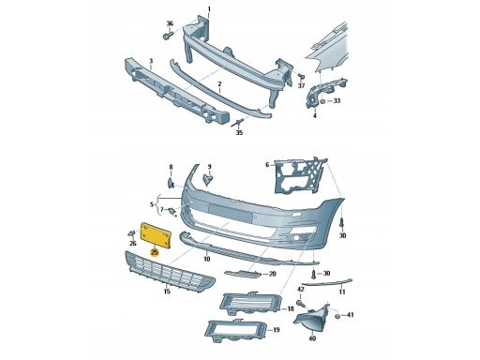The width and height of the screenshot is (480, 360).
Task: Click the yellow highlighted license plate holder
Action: (157, 235)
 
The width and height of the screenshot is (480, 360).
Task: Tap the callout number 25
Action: (154, 252)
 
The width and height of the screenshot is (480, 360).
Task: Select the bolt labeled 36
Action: (168, 36)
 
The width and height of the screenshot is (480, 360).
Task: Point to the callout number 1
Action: (209, 9)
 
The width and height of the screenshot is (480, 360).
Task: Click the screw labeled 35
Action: (238, 123)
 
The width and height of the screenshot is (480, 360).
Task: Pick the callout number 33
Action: (337, 100)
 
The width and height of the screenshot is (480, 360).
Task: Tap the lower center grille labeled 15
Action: (170, 270)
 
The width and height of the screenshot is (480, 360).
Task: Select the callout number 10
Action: (207, 259)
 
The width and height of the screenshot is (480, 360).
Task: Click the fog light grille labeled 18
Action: (251, 303)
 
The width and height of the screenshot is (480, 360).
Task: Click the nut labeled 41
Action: (337, 316)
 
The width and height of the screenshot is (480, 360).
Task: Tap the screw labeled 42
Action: (302, 303)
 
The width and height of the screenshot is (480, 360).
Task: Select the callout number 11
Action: (342, 292)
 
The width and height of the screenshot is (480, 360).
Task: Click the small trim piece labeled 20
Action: (243, 274)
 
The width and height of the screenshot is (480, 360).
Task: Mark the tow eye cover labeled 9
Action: (208, 179)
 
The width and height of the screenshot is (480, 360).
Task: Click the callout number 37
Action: (301, 85)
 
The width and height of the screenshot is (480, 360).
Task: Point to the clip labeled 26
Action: (131, 232)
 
